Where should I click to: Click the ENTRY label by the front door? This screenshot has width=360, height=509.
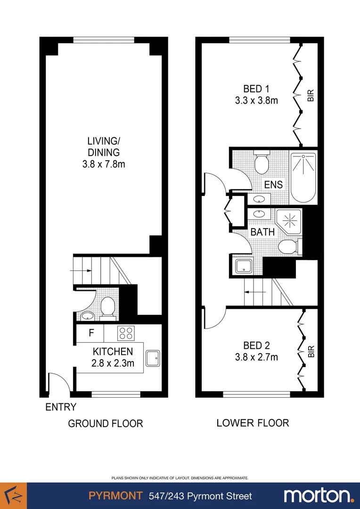(x=61, y=407)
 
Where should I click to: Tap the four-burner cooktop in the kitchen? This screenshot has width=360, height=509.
(x=126, y=334)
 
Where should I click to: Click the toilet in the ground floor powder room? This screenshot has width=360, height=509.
(x=108, y=307)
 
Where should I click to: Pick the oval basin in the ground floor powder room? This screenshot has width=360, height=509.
(x=87, y=315)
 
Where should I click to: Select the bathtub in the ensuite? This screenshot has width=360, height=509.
(x=303, y=177)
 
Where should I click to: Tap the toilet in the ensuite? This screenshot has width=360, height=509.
(x=261, y=163)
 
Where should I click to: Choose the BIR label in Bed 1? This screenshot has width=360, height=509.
(x=311, y=96)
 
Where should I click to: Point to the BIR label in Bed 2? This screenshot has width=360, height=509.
(x=311, y=352)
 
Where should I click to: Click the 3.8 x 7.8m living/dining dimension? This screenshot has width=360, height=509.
(x=103, y=164)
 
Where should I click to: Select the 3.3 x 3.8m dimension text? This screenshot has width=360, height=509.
(x=257, y=100)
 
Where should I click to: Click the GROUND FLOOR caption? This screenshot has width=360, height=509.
(x=106, y=423)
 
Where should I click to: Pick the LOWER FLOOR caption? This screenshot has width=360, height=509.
(x=253, y=423)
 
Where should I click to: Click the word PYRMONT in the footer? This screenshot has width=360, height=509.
(x=115, y=496)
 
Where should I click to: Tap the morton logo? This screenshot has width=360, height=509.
(x=319, y=495)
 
